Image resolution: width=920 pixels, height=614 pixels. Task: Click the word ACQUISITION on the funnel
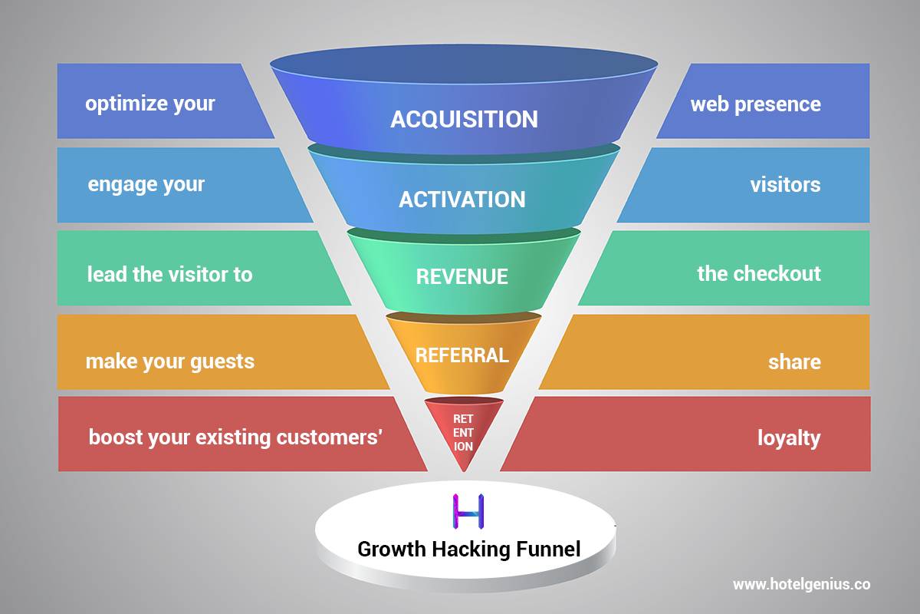pos(464,119)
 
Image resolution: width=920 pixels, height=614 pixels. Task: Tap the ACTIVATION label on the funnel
pos(462,200)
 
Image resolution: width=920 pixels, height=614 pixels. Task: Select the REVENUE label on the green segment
pos(462,276)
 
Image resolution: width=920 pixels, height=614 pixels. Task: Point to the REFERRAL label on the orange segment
pos(462,355)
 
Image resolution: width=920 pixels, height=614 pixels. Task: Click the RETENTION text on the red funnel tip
pos(463,433)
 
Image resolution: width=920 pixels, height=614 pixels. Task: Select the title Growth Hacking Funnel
pos(469,550)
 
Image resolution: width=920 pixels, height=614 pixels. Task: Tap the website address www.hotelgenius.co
pos(801,584)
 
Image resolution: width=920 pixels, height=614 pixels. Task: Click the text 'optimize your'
pos(150,104)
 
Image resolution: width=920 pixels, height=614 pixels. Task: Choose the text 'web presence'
pos(755,104)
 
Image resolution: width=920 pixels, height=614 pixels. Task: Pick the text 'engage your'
pos(146,185)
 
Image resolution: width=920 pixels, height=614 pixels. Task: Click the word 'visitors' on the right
pos(785,185)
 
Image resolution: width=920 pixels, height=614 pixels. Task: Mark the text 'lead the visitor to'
pos(169,274)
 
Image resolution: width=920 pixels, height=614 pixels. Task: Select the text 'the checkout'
pos(758,274)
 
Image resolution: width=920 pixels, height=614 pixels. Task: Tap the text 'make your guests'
pos(170,361)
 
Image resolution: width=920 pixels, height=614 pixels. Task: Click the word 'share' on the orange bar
pos(794,362)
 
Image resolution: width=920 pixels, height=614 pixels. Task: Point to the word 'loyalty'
pos(789,439)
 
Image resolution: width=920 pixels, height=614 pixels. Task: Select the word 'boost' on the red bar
pos(112,437)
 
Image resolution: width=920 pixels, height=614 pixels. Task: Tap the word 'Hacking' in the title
pos(464,550)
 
